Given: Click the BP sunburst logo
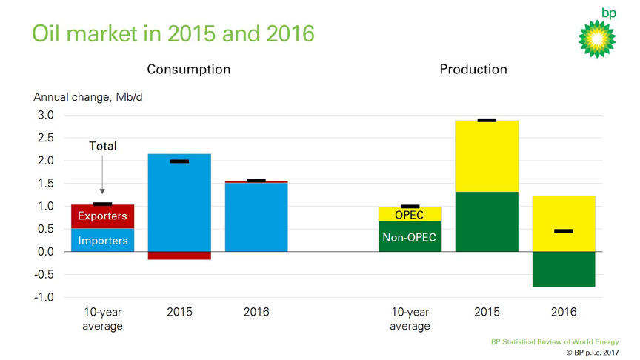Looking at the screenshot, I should coord(597,37).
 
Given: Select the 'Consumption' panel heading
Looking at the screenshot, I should coord(188,70).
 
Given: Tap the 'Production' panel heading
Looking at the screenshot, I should coord(473,70).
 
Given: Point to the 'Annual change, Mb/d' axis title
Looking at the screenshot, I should coord(82,97).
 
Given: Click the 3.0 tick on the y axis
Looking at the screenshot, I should coord(45,115).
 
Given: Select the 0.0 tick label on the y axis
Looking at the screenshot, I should coord(45,252).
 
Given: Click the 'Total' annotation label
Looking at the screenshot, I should coord(103,146).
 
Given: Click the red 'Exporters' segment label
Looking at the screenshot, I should coord(103,216).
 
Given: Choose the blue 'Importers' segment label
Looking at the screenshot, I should coord(103,241).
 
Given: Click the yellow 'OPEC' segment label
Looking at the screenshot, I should coord(410,215).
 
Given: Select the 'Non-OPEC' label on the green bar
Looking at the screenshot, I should coord(410,238).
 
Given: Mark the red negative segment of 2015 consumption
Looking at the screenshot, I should coord(179,256).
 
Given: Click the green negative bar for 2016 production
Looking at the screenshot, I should coord(564,269).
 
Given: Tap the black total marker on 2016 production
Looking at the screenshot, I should coord(564,231).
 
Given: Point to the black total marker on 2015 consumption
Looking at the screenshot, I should coord(179,161).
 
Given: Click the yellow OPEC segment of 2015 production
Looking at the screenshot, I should coord(487,156).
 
